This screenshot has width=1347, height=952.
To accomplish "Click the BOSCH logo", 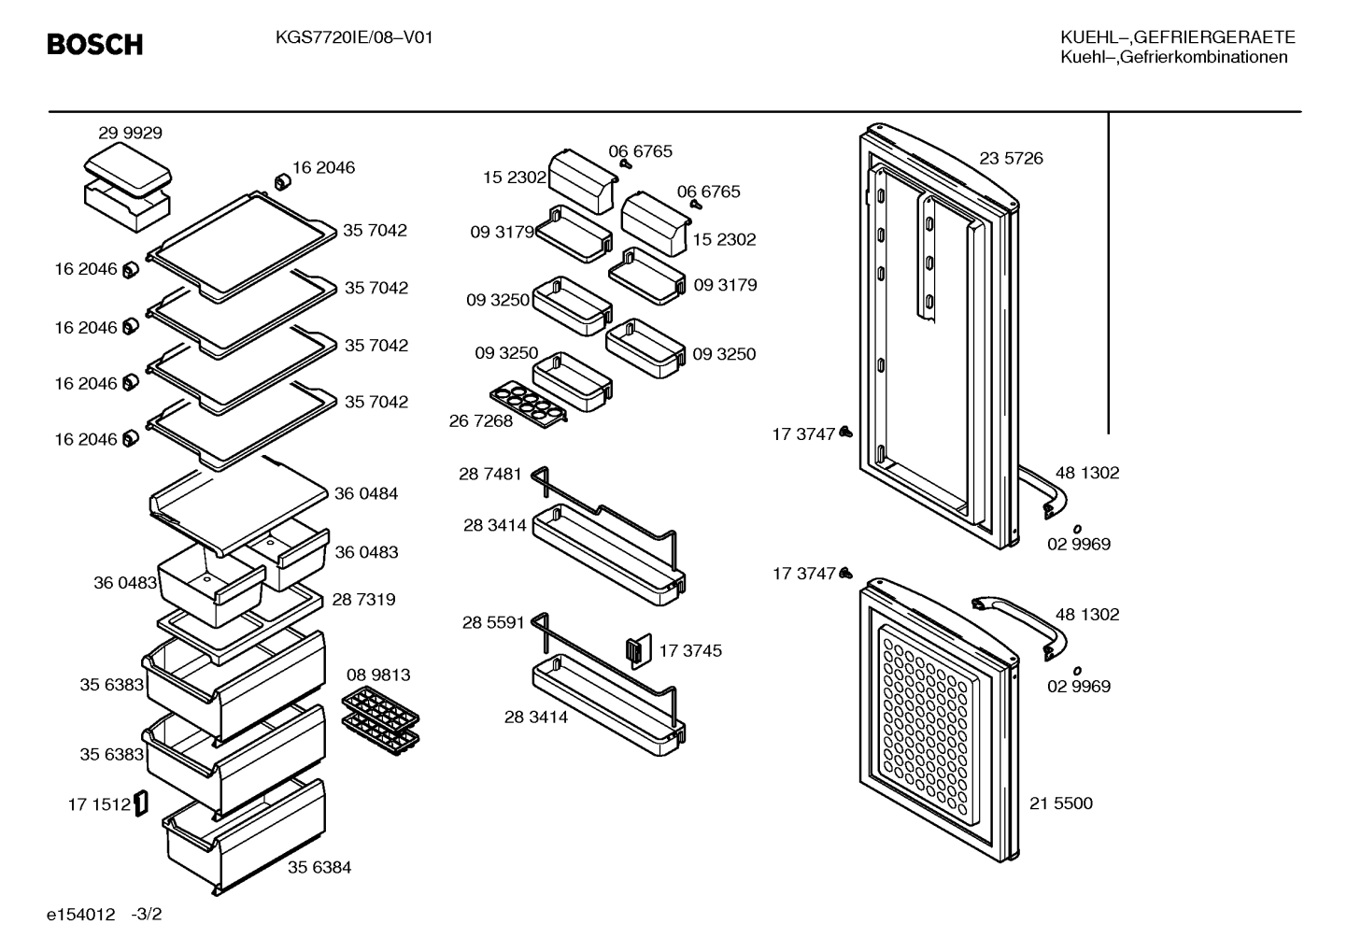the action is click(x=95, y=45).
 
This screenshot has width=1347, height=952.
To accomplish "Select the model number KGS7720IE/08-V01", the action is click(x=354, y=38).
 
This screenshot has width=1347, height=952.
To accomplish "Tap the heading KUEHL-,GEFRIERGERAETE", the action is click(x=1177, y=37).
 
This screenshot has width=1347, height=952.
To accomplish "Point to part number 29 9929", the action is click(x=130, y=133).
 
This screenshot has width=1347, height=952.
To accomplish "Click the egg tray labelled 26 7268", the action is click(x=529, y=404).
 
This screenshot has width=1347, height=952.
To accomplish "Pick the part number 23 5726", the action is click(x=1011, y=158).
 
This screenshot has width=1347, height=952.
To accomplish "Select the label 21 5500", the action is click(x=1061, y=803).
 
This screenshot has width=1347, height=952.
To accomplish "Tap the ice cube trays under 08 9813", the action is click(x=380, y=720).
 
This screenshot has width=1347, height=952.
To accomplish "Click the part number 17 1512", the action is click(x=99, y=804).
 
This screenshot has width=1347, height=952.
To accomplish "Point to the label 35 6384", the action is click(x=319, y=867).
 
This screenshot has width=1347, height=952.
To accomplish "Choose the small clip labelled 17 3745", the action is click(x=639, y=650).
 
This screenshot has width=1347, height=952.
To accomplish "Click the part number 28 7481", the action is click(x=490, y=474).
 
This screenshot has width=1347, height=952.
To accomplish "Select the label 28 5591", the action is click(x=493, y=622).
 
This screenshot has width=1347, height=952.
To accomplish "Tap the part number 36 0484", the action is click(x=366, y=493).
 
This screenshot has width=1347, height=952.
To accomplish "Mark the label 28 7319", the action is click(x=363, y=600).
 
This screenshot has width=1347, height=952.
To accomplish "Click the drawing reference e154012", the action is click(x=80, y=915).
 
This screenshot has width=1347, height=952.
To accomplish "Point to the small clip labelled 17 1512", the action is click(x=141, y=803).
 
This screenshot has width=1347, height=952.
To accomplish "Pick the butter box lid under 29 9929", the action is click(x=128, y=170).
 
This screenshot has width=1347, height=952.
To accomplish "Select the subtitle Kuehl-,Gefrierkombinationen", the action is click(x=1174, y=58).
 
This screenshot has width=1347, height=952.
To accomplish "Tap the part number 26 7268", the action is click(x=481, y=421).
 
